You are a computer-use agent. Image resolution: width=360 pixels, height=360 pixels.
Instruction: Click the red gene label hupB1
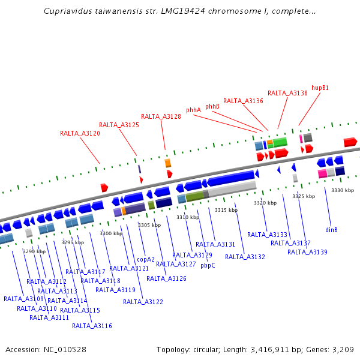[x=320, y=88]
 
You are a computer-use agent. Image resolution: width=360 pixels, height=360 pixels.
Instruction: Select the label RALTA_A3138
[x=287, y=93]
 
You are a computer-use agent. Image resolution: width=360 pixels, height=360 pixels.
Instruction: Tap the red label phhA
[x=193, y=110]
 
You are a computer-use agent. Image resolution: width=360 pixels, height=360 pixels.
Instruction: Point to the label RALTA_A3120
[x=80, y=133]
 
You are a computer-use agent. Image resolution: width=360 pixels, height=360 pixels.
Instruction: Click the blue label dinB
[x=331, y=230]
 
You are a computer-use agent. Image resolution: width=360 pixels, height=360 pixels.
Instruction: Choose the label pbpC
[x=208, y=265]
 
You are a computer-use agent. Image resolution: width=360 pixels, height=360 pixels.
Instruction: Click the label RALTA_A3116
[x=92, y=326]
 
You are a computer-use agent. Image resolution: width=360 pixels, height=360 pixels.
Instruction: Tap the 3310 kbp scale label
[x=187, y=217]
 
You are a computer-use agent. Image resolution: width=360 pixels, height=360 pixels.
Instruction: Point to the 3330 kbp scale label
[x=343, y=190]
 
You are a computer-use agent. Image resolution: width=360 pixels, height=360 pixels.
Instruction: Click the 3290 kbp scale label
[x=34, y=251]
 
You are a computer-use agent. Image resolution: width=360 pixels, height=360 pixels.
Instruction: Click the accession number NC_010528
[x=66, y=349]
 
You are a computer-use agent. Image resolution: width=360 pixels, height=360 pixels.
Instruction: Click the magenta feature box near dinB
[x=322, y=173]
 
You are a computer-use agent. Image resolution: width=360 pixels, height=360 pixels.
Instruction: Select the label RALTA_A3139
[x=307, y=252]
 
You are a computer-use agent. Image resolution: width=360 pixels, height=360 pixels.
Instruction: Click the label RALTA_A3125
[x=119, y=125]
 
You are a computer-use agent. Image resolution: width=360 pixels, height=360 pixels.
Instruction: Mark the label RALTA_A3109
[x=23, y=299]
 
